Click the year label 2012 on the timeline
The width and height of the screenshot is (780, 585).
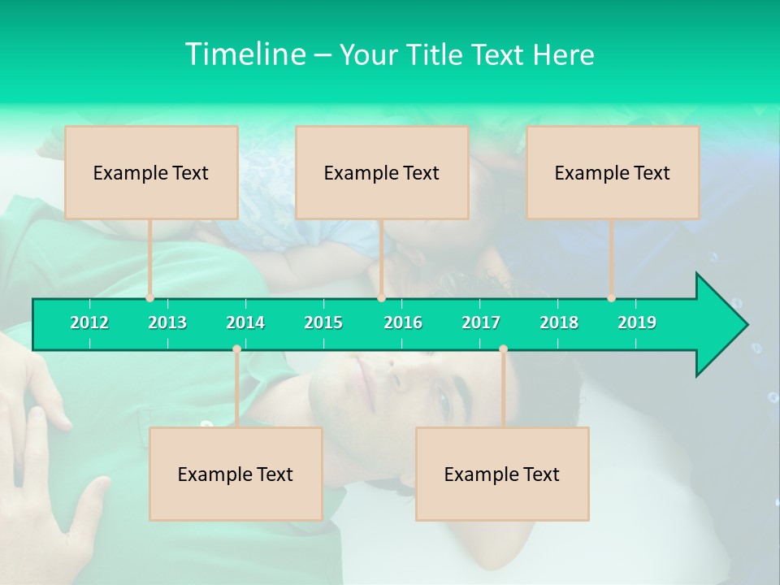click(x=89, y=323)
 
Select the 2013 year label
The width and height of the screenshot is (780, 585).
click(x=167, y=323)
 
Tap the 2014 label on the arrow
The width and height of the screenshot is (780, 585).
click(x=245, y=323)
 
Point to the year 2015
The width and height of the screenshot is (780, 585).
click(x=323, y=323)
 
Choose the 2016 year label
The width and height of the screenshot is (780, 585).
click(x=403, y=323)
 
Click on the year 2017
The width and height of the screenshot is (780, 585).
click(x=481, y=323)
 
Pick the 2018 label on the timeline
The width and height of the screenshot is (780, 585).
click(x=559, y=323)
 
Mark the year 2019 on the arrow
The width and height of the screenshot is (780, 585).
click(x=637, y=323)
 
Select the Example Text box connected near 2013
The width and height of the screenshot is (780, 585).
click(x=151, y=172)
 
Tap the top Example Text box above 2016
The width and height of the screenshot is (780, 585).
click(x=382, y=172)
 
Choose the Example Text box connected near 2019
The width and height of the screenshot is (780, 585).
click(x=613, y=172)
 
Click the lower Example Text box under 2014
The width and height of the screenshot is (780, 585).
click(x=236, y=474)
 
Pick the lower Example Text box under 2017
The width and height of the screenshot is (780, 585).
click(x=502, y=474)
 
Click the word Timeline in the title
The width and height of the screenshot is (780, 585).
click(x=244, y=54)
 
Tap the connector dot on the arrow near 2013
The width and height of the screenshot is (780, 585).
click(x=150, y=298)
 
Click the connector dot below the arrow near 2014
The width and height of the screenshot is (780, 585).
click(x=236, y=349)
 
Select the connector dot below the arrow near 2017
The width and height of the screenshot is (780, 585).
click(x=503, y=349)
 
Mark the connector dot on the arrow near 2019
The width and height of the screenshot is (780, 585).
click(x=611, y=298)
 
